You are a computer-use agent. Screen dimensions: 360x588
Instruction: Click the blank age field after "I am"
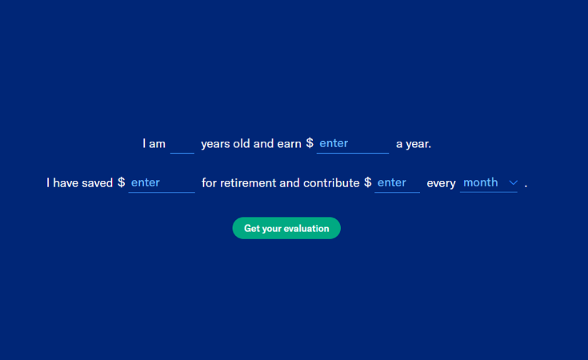[x=182, y=144]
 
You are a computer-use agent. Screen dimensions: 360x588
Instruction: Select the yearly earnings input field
[x=352, y=144]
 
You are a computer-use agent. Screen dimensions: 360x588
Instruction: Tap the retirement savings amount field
[x=161, y=183]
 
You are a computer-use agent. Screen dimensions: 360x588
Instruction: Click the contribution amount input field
[x=397, y=183]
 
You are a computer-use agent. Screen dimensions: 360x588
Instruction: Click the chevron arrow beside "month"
[x=513, y=183]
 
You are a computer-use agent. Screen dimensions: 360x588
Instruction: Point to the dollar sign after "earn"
[x=310, y=144]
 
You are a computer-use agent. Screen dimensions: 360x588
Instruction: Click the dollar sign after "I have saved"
[x=121, y=183]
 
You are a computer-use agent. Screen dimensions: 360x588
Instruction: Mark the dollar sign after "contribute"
[x=367, y=183]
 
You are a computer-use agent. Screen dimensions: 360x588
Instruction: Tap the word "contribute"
[x=331, y=183]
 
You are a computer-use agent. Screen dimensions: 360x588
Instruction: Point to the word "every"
[x=441, y=183]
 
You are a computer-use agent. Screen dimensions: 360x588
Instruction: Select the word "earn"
[x=289, y=144]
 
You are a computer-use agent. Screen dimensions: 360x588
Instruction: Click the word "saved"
[x=97, y=183]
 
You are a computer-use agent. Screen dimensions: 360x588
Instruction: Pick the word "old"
[x=242, y=144]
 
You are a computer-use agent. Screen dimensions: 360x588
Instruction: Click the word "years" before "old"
[x=215, y=144]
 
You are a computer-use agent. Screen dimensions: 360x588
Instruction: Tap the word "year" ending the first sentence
[x=418, y=144]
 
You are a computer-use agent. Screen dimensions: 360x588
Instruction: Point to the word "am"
[x=157, y=144]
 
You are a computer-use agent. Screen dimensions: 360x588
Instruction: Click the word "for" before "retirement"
[x=209, y=183]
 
